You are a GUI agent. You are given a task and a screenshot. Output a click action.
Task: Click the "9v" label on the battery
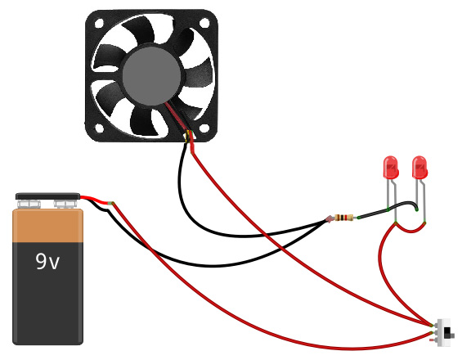[47, 262]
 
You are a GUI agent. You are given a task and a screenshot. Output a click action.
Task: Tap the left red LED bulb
[391, 169]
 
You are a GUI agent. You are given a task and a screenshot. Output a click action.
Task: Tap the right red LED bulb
[420, 169]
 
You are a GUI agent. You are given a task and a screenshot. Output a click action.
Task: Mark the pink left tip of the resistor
[330, 218]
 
